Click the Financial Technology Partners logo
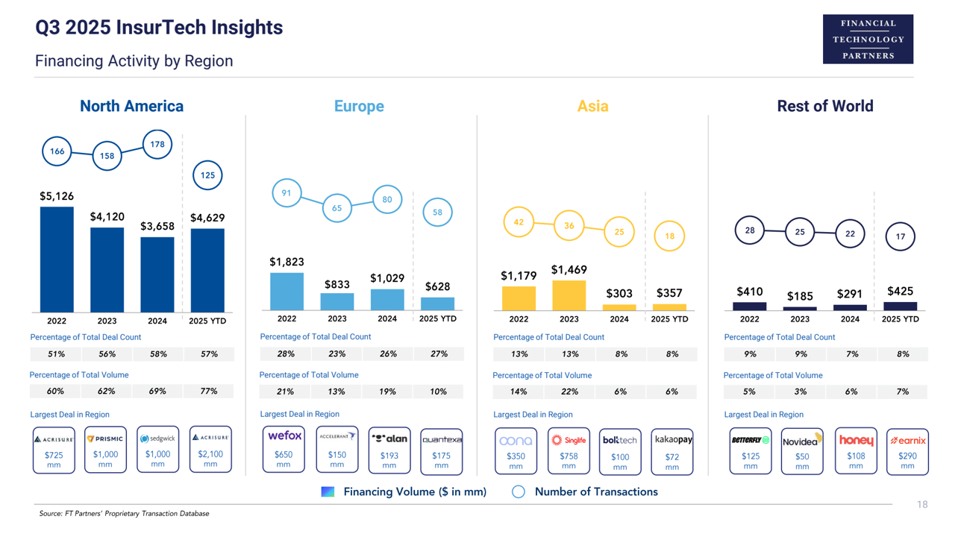click(x=868, y=40)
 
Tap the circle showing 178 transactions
click(x=157, y=145)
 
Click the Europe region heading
click(x=359, y=106)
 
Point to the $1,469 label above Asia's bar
click(x=569, y=270)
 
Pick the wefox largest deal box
click(x=284, y=450)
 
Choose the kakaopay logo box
click(x=672, y=451)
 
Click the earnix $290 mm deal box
click(x=907, y=451)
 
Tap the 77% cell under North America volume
click(x=209, y=391)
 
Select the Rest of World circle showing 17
click(x=901, y=236)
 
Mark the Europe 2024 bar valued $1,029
click(x=387, y=299)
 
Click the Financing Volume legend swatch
click(x=328, y=492)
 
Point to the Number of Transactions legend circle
click(x=519, y=492)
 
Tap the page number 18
click(x=922, y=505)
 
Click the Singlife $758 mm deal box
click(x=569, y=451)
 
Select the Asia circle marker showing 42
click(x=519, y=222)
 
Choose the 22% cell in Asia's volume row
click(x=569, y=392)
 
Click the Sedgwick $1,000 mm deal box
click(x=157, y=450)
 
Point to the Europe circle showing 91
click(x=286, y=193)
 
